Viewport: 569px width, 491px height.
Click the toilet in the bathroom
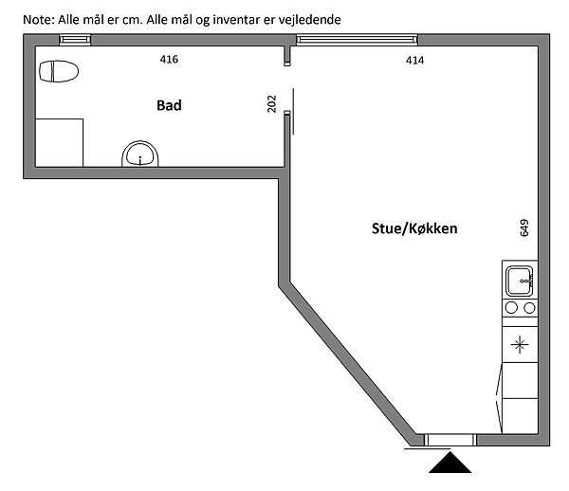click(59, 71)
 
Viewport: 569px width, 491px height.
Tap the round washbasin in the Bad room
click(140, 154)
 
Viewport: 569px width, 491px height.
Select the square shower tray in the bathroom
click(59, 142)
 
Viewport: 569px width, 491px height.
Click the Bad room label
click(169, 105)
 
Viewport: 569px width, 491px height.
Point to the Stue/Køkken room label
click(414, 228)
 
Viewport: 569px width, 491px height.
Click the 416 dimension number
click(169, 59)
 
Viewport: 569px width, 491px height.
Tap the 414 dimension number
click(414, 61)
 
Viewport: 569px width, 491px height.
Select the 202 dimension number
click(271, 103)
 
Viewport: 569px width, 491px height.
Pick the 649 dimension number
click(524, 228)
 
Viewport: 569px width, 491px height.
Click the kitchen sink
click(520, 281)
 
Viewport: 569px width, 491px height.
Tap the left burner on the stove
click(511, 307)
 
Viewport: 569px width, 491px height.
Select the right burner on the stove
click(529, 308)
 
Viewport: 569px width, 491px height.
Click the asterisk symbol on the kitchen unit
click(520, 344)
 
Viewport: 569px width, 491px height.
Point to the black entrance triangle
click(450, 463)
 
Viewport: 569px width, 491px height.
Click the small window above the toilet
click(75, 40)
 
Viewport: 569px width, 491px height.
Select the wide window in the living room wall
click(358, 39)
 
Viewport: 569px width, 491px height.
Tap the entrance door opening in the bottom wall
click(450, 440)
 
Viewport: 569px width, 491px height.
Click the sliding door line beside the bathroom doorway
click(293, 111)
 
